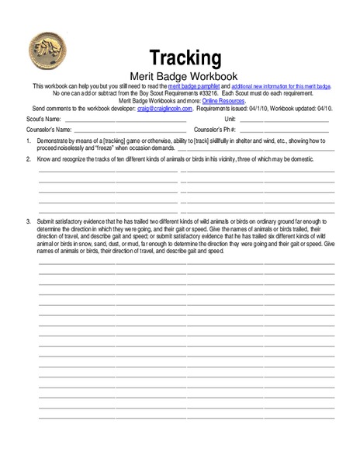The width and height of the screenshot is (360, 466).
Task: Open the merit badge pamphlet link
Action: [x=195, y=85]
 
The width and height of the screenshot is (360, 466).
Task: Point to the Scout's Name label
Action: [x=42, y=119]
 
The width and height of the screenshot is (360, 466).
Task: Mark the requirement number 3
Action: [x=28, y=221]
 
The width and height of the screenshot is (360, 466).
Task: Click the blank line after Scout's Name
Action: [x=124, y=121]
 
